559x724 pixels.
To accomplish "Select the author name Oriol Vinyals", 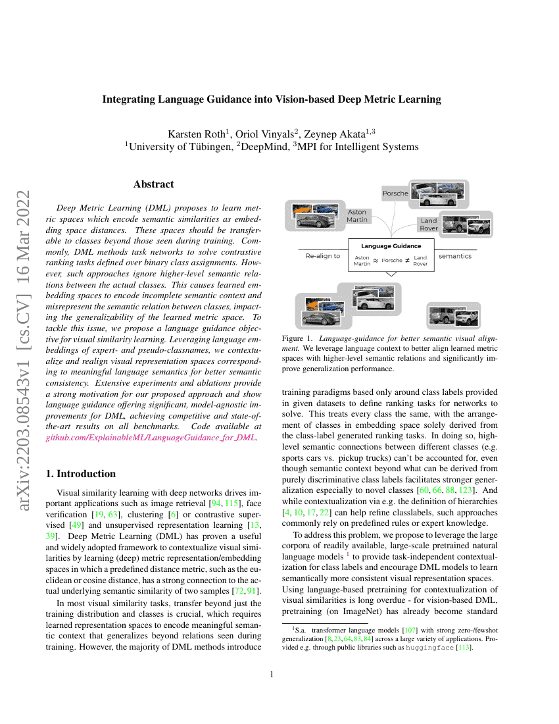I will [264, 134].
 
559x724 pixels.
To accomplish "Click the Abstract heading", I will [153, 184].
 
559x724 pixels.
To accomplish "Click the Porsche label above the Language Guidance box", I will [395, 194].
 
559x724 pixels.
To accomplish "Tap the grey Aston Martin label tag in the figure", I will [357, 216].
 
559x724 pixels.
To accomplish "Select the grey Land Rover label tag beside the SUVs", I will [429, 224].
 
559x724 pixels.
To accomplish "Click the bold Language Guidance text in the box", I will [391, 246].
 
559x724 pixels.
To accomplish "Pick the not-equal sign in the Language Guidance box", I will [408, 261].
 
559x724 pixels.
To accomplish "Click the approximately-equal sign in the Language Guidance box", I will [376, 261].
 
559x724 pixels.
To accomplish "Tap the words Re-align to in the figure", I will [323, 256].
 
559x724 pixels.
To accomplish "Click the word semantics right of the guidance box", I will [454, 256].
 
